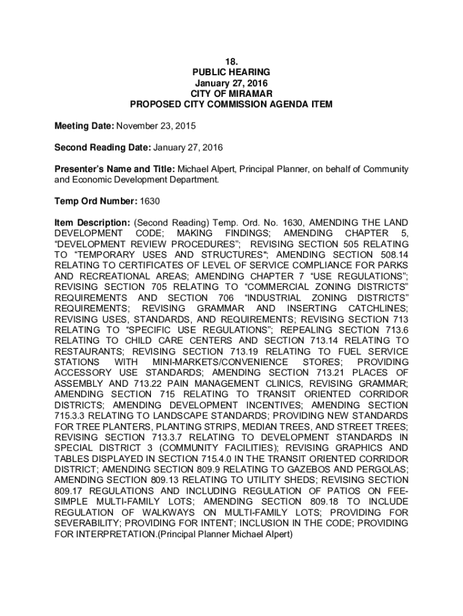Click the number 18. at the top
point(231,61)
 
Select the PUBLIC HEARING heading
point(231,72)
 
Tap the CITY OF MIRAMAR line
point(231,93)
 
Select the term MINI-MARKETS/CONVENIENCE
point(220,363)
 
